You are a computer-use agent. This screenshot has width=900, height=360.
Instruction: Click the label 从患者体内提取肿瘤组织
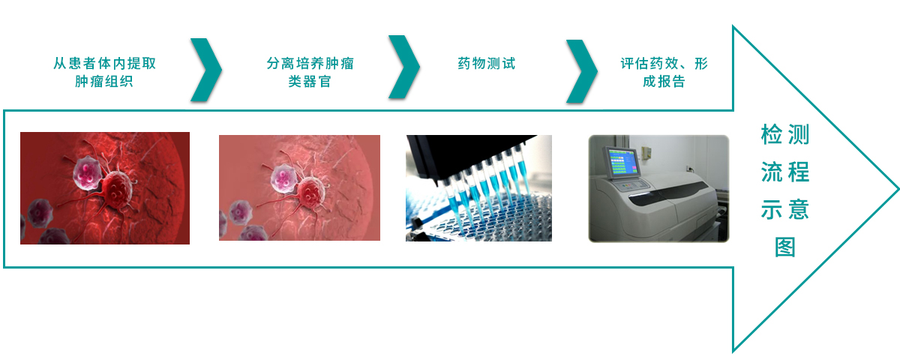click(x=104, y=72)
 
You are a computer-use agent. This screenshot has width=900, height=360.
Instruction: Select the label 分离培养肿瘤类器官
click(x=310, y=72)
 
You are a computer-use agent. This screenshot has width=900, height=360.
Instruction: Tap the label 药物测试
click(x=486, y=64)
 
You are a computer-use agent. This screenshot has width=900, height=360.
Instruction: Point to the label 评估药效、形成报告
click(x=664, y=72)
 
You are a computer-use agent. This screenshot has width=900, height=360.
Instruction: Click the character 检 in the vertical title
click(x=771, y=134)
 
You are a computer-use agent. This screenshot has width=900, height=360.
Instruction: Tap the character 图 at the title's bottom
click(x=785, y=247)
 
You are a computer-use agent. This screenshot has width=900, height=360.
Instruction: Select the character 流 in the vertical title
click(x=771, y=172)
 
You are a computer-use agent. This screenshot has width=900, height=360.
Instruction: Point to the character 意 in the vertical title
click(x=799, y=209)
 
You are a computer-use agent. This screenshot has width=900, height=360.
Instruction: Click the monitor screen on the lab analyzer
click(x=622, y=161)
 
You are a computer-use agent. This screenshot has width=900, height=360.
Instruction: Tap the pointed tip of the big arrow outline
click(x=898, y=188)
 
